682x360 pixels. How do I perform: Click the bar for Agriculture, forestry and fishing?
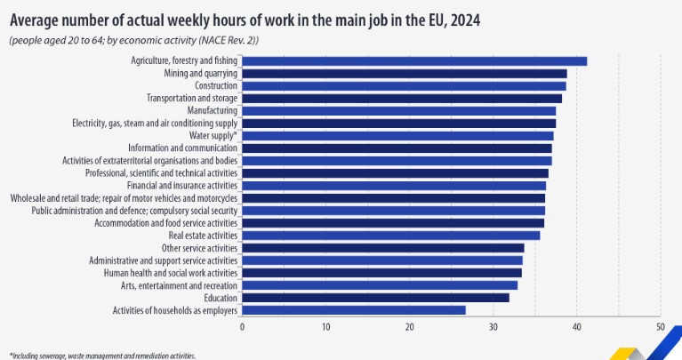coord(413,60)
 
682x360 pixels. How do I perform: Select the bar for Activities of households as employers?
coord(353,310)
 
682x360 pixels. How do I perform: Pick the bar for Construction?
coord(404,85)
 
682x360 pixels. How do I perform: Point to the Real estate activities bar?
coord(390,236)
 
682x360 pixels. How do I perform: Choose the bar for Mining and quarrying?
coord(404,73)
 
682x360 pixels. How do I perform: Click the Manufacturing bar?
coord(398,110)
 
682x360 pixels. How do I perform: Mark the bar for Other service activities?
coord(382,248)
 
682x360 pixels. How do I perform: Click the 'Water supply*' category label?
coord(213,135)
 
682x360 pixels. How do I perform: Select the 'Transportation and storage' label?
coord(191,98)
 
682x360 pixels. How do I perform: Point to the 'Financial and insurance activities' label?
coord(182,185)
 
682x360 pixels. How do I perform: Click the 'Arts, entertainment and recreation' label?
coord(179,285)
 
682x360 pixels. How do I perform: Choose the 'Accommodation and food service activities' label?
coord(168,223)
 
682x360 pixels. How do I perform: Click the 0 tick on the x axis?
coord(242,327)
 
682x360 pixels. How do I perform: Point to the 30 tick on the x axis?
coord(493,327)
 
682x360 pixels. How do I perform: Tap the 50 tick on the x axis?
coord(660,327)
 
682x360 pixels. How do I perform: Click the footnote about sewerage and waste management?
coord(102,355)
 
